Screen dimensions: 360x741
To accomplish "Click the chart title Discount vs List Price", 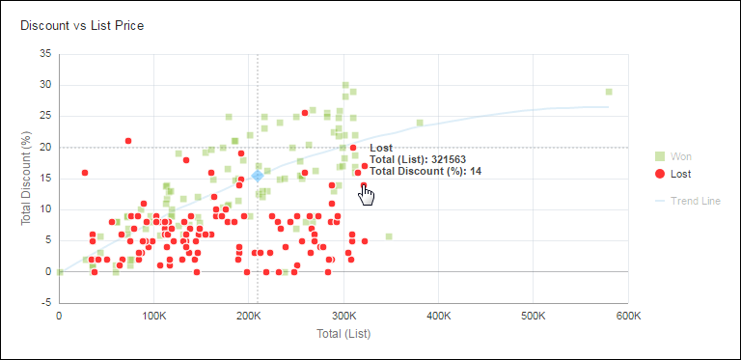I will click(x=82, y=25).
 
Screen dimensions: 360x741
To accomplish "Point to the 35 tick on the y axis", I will click(x=44, y=54).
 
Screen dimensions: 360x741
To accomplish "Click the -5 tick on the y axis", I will click(x=44, y=302).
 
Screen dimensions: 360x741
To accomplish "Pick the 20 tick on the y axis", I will click(x=44, y=147).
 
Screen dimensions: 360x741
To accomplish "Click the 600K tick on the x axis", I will click(x=628, y=316).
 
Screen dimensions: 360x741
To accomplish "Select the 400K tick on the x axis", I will click(x=438, y=316).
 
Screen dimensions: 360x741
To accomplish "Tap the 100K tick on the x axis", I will click(x=153, y=316).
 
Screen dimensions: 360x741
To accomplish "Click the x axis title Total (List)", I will click(x=343, y=333).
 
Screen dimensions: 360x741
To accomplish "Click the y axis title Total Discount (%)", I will click(x=28, y=179).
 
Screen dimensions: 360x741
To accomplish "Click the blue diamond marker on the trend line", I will click(x=258, y=176).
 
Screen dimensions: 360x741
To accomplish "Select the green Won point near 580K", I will click(x=609, y=92).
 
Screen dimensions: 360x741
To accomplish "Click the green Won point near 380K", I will click(x=420, y=123).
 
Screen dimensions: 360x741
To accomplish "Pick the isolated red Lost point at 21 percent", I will click(x=127, y=141).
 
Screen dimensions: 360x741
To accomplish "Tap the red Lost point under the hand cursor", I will click(x=364, y=184).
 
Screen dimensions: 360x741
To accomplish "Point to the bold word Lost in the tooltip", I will click(x=381, y=147).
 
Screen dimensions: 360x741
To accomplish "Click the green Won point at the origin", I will click(x=59, y=271).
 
